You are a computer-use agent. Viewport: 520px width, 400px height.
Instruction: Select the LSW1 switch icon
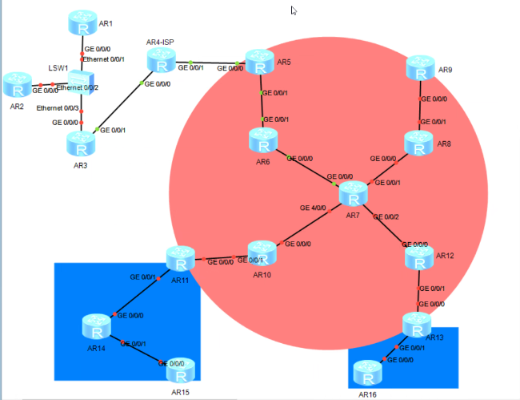tap(81, 83)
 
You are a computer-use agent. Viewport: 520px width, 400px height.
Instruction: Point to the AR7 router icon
tap(353, 195)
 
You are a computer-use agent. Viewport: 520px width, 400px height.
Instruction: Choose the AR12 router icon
tap(418, 258)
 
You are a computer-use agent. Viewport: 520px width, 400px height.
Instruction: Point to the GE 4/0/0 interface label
tap(314, 208)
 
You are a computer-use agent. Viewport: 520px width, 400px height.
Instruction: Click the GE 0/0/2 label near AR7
tap(386, 217)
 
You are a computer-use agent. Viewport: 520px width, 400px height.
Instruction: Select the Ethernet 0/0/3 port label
tap(58, 108)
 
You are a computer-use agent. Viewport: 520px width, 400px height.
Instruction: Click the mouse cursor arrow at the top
tap(294, 11)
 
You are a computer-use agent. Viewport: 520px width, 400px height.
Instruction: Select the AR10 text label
tap(262, 275)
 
